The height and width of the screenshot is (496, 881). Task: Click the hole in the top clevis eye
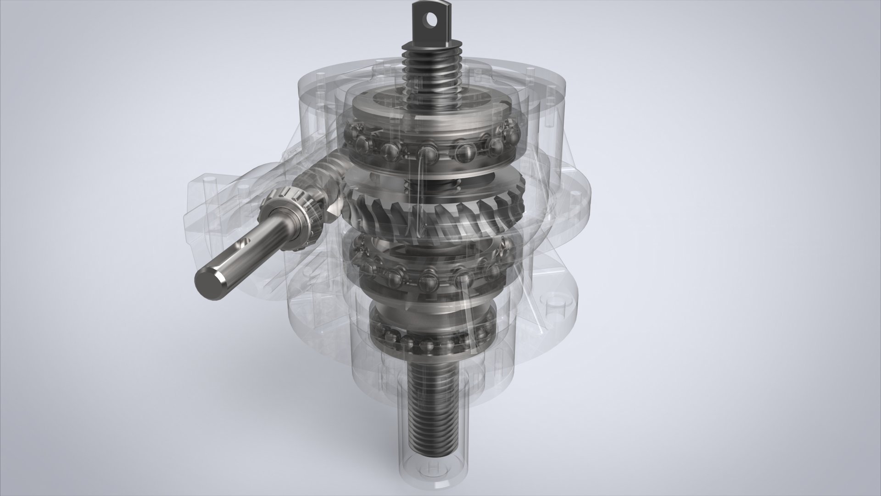[430, 19]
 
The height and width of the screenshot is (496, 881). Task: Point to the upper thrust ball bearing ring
[427, 147]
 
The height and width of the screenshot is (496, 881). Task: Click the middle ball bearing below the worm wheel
[427, 276]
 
